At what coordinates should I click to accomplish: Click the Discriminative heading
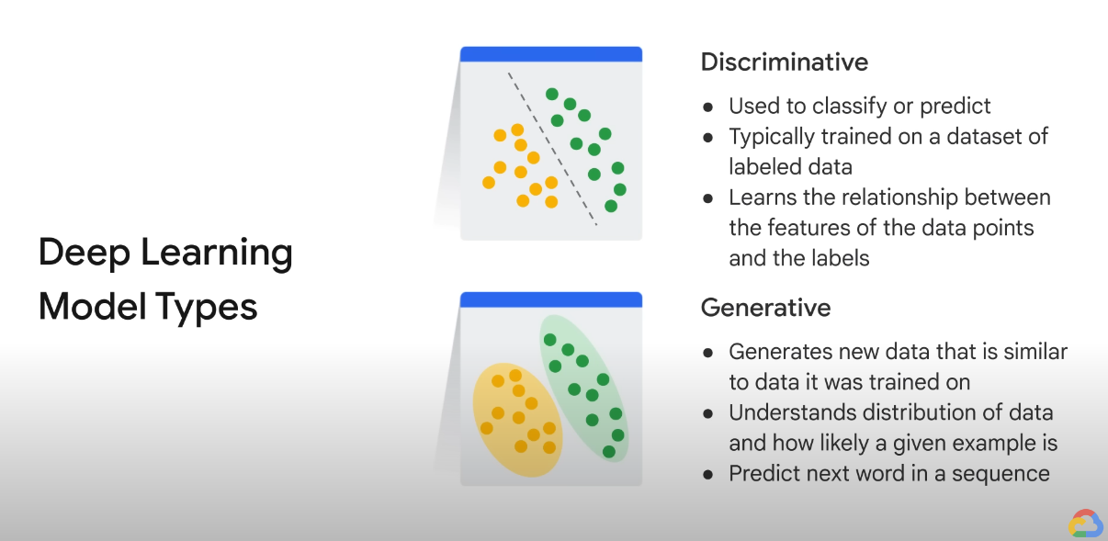pos(785,62)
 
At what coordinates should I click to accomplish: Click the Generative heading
pos(765,308)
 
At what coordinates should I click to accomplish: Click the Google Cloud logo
pos(1085,524)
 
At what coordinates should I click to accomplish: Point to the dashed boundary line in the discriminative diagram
pos(552,150)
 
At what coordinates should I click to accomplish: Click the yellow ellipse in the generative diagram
pos(517,420)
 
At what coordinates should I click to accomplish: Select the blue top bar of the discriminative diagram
pos(551,54)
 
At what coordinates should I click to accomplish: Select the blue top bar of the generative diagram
pos(551,299)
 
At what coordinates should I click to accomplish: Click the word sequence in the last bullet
pos(1001,474)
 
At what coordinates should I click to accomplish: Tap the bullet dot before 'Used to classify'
pos(707,107)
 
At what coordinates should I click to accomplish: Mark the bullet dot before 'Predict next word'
pos(707,475)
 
